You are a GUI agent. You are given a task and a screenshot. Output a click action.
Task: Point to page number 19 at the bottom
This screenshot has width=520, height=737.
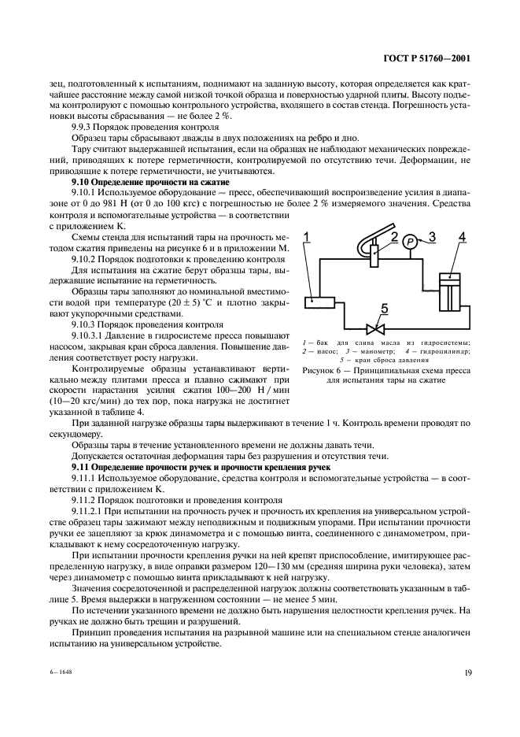click(467, 672)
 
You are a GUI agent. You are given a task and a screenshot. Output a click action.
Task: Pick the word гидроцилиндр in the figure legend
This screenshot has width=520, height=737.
click(445, 350)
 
